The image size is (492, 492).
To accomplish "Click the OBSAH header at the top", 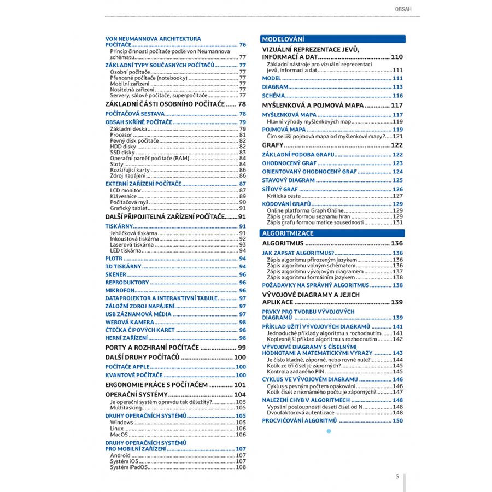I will [402, 9].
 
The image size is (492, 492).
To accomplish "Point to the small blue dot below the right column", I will [329, 431].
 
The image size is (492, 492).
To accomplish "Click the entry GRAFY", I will [272, 145].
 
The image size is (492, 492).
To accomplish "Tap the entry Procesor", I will [121, 135].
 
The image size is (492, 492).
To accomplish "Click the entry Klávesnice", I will [123, 196].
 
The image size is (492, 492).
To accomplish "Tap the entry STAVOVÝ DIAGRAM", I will [288, 180].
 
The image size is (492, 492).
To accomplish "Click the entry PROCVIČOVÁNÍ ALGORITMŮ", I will [299, 420].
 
